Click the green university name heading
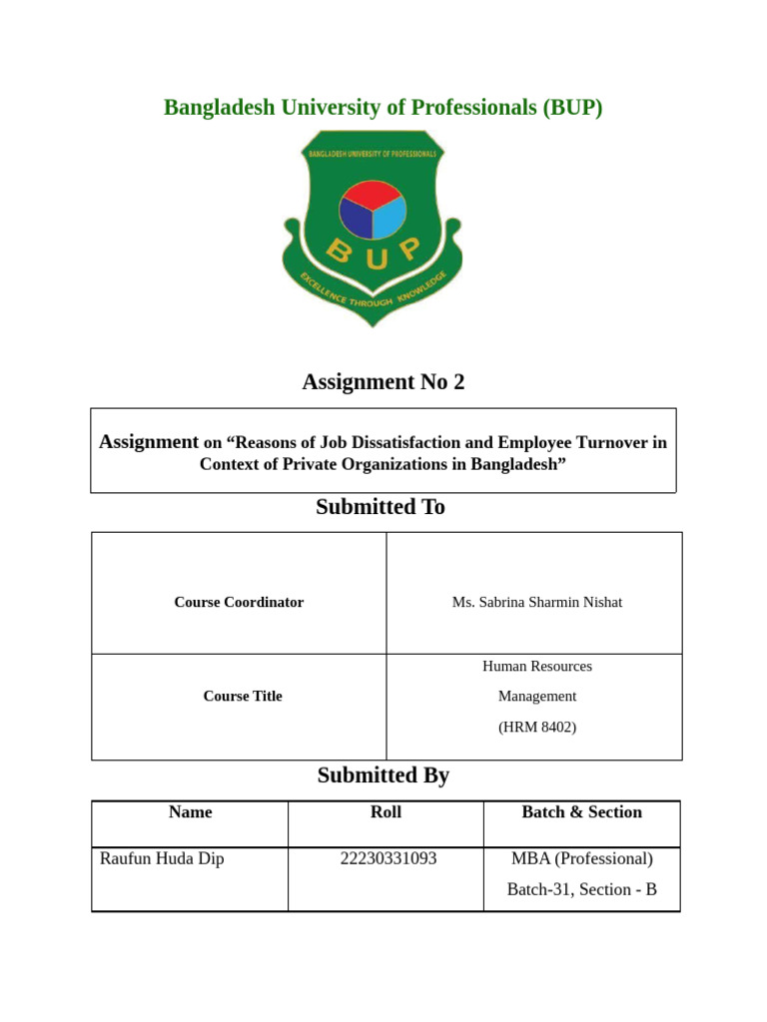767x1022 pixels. coord(383,108)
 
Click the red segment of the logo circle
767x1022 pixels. coord(373,192)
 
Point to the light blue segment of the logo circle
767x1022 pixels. coord(388,217)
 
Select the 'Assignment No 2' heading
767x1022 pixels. coord(383,381)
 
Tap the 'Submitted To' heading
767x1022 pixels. coord(381,507)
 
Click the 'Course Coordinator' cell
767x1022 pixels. coord(239,602)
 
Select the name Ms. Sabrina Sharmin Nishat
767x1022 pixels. coord(536,602)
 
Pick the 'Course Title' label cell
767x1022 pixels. coord(243,696)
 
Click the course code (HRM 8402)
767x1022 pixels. coord(536,728)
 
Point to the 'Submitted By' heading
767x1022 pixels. coord(383,775)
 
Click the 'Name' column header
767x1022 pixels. coord(191,812)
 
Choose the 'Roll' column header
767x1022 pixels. coord(385,812)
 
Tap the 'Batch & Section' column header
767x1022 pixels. coord(581,812)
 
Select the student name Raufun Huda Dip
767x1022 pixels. coord(162,858)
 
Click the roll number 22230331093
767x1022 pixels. coord(387,858)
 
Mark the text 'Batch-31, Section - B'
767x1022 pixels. coord(581,889)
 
